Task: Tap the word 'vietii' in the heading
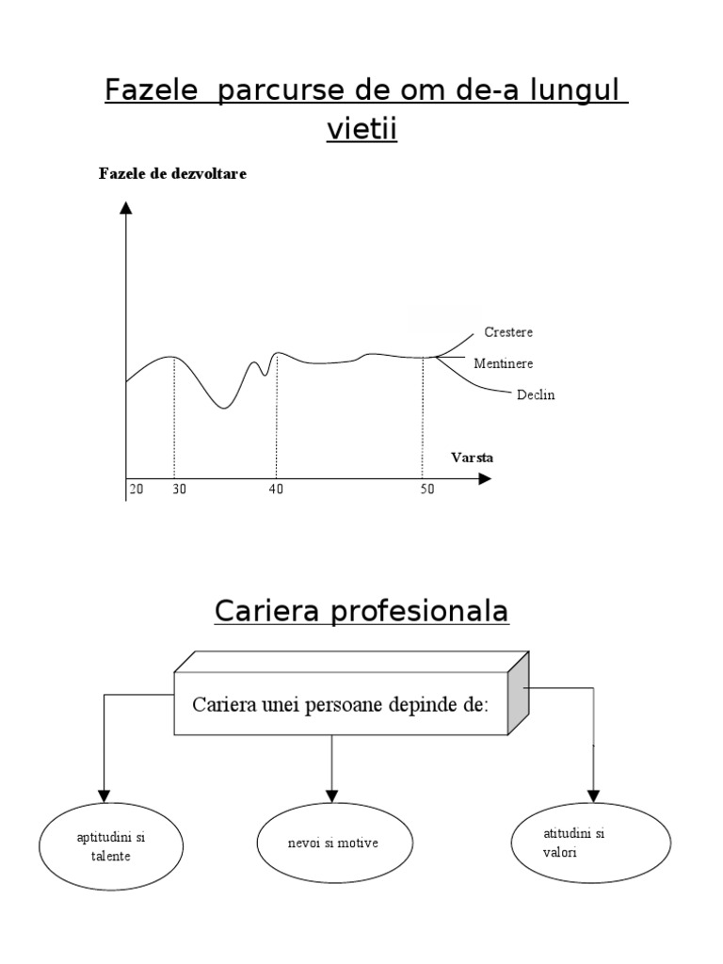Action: (x=362, y=130)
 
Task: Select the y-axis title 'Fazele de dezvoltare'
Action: (x=172, y=174)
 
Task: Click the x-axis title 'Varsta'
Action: (x=472, y=458)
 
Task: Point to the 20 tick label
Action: (x=136, y=490)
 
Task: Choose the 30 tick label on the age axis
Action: (x=179, y=490)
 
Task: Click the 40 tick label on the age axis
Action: (x=276, y=490)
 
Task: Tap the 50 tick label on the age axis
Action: (x=427, y=490)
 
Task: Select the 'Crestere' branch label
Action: (x=508, y=332)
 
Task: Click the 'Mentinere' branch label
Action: (x=504, y=362)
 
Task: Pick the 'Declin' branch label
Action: (x=536, y=395)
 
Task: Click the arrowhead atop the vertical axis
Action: (x=126, y=208)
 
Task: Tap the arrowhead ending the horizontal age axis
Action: (x=484, y=478)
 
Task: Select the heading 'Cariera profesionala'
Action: (x=361, y=612)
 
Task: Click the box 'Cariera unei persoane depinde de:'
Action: (x=340, y=704)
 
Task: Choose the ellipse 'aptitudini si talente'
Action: (x=104, y=846)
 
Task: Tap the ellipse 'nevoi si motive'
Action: (x=332, y=843)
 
